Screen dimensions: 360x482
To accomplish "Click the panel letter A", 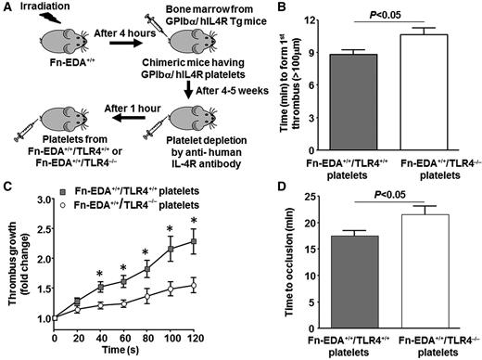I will [x=6, y=8].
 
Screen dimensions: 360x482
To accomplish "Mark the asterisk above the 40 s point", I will [x=100, y=273].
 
